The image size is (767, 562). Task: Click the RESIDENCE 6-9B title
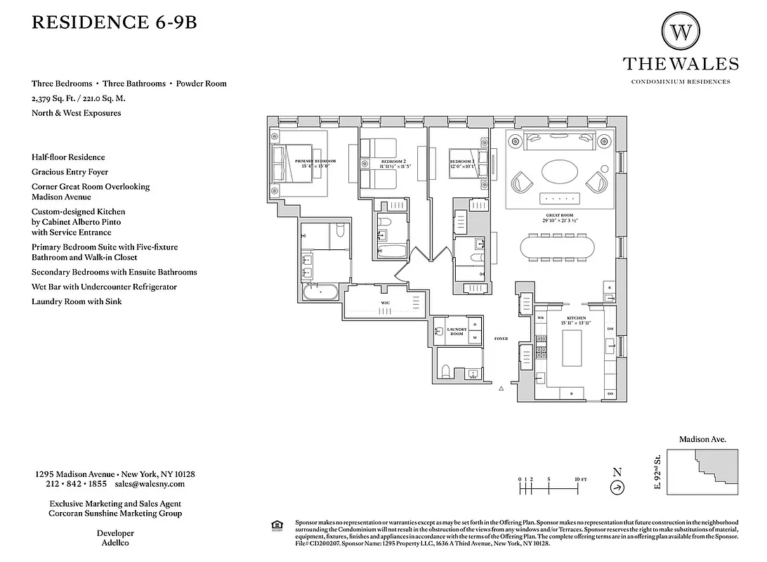coord(114,22)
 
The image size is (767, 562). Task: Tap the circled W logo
coord(680,31)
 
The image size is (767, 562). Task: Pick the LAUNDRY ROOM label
coord(457,332)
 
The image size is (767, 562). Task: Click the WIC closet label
coord(386,303)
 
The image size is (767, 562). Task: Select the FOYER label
coord(501,339)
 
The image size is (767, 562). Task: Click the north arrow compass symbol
coord(617,488)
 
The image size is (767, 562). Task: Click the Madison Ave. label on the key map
coord(702,439)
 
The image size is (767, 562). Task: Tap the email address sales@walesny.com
coord(150,484)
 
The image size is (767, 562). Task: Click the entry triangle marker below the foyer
coord(501,388)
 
